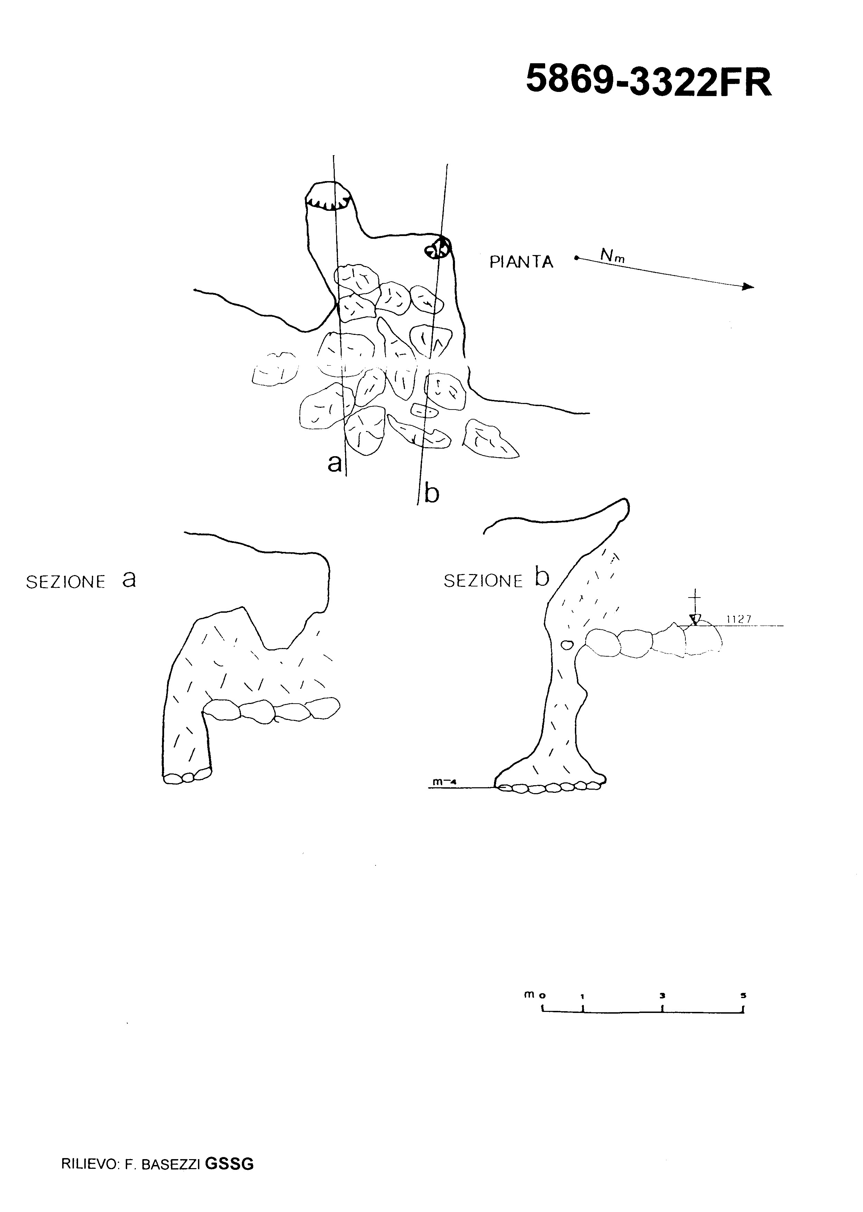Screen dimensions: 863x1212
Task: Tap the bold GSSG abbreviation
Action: pyautogui.click(x=229, y=1164)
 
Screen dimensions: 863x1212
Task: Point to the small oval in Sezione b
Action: pyautogui.click(x=567, y=645)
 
